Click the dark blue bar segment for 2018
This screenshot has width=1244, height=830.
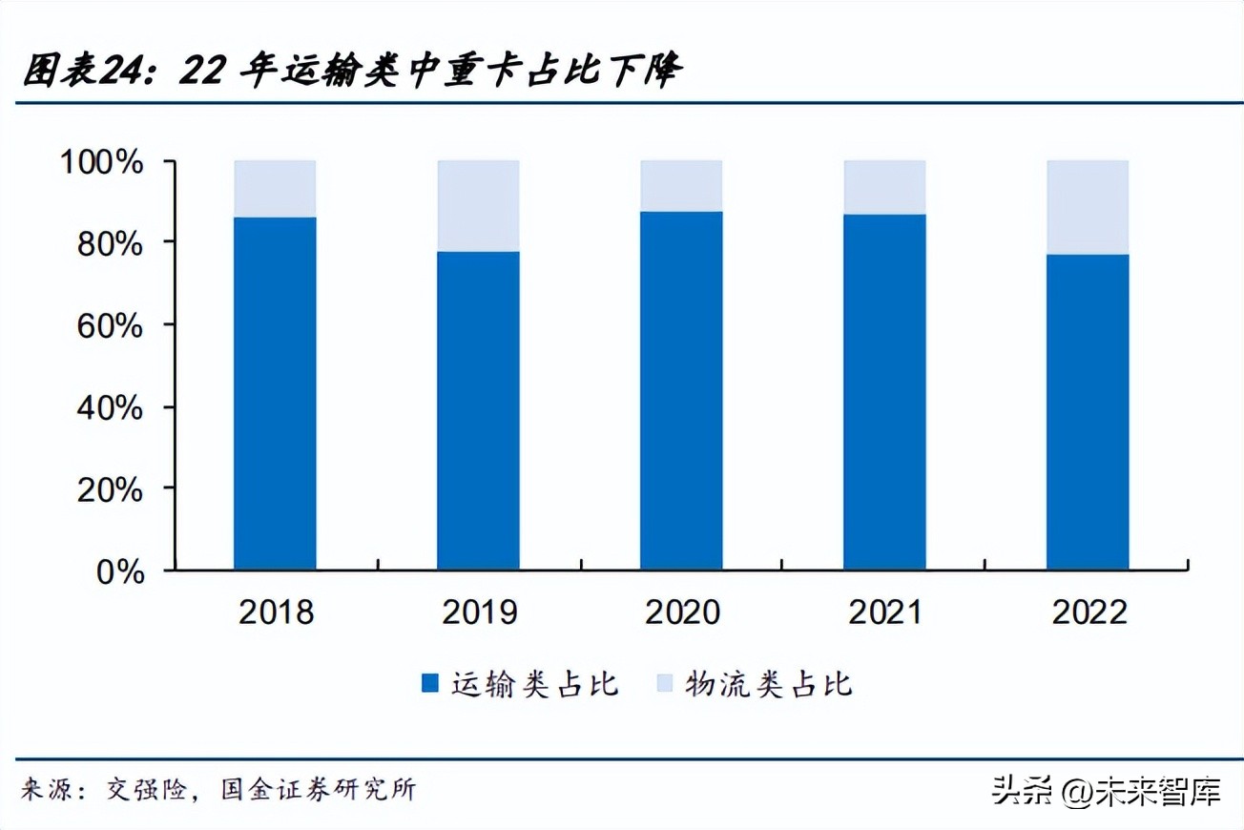tap(275, 393)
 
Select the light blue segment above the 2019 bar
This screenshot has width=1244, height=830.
tap(478, 205)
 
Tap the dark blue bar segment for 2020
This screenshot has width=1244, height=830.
tap(681, 390)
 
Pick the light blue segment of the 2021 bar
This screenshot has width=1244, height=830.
tap(884, 187)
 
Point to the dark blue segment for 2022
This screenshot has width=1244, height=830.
tap(1088, 412)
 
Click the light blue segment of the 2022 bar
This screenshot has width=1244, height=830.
tap(1088, 207)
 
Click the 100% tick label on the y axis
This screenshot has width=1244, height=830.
tap(102, 161)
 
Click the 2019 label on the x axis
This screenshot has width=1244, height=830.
tap(478, 612)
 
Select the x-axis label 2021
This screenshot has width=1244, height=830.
tap(884, 612)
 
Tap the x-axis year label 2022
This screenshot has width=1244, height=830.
tap(1088, 612)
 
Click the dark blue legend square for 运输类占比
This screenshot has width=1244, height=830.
tap(430, 683)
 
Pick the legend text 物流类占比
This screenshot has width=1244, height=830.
tap(768, 683)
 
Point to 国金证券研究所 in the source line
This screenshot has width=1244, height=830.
tap(318, 789)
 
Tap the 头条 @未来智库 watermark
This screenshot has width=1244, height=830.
tap(1106, 790)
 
